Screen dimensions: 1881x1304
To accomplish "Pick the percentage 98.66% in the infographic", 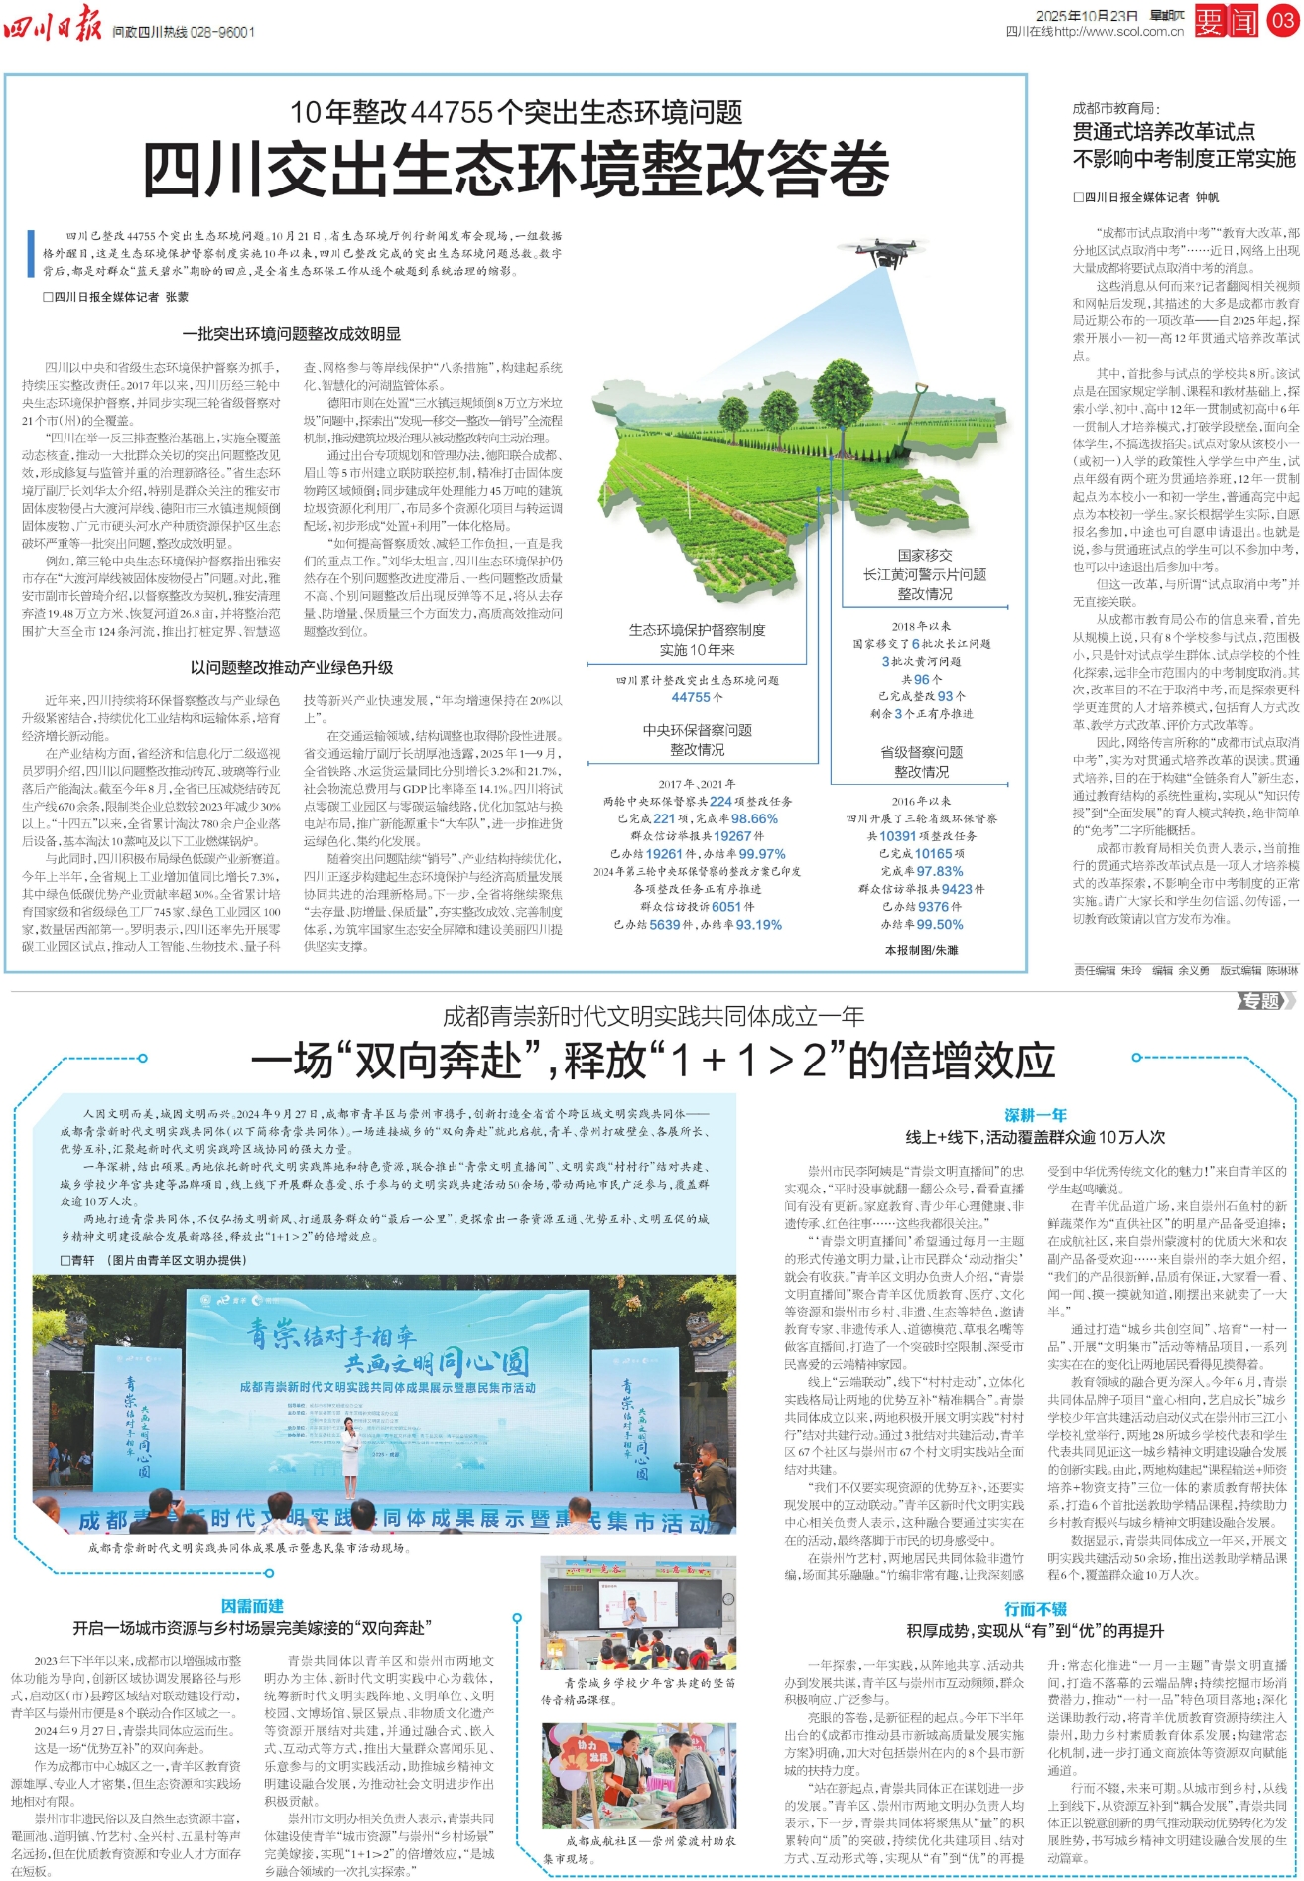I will [x=754, y=818].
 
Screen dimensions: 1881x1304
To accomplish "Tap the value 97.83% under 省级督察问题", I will [x=939, y=871].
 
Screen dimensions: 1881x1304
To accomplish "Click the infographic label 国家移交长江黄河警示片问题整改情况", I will [x=925, y=574].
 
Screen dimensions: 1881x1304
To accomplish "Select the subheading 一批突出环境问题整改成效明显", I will [x=292, y=334].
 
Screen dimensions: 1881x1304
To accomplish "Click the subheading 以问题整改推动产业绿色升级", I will [x=292, y=667].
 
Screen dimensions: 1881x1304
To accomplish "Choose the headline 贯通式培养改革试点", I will [x=1163, y=132].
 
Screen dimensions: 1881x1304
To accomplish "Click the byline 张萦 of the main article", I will [x=177, y=297].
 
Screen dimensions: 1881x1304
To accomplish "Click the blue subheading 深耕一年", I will [x=1035, y=1115].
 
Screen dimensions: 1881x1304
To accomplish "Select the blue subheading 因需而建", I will [x=252, y=1605].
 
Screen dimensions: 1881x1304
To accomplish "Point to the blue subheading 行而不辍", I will [x=1035, y=1609].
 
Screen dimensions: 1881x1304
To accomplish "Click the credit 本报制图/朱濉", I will [x=921, y=950].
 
